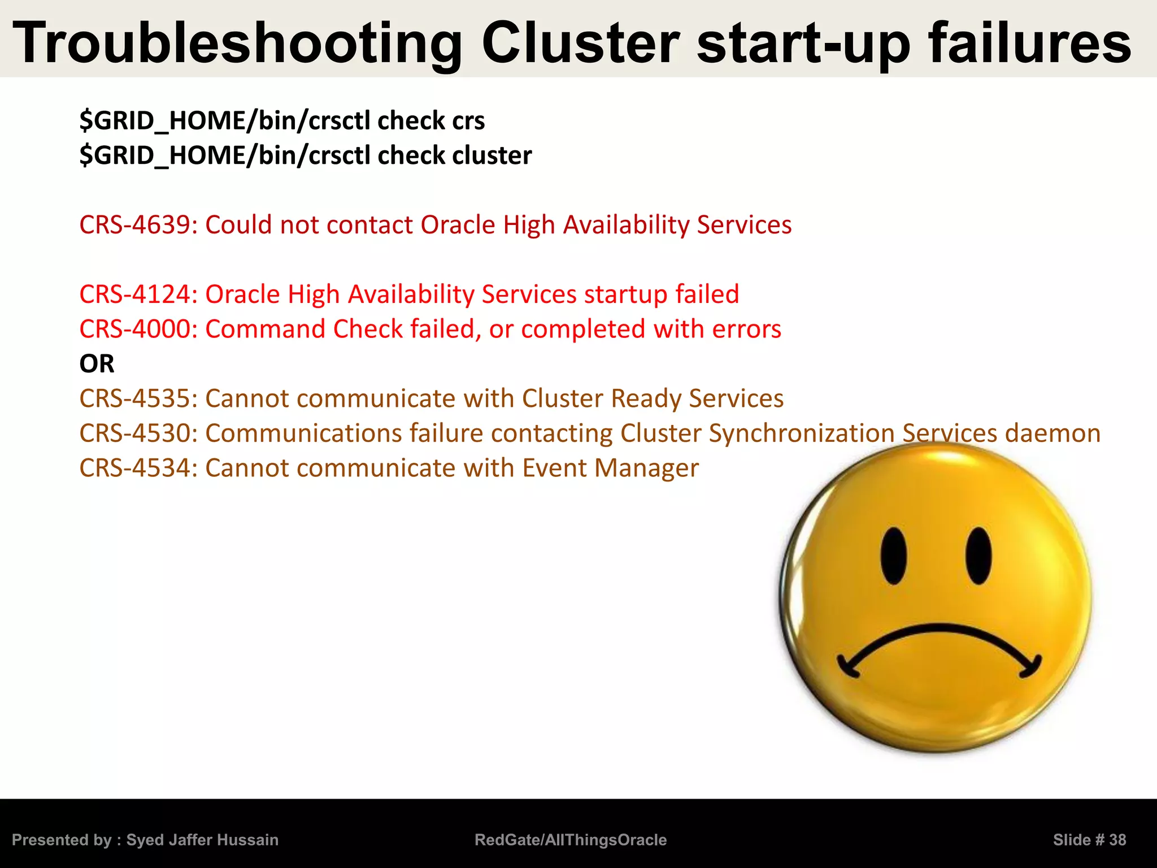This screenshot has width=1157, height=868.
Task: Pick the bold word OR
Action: click(97, 364)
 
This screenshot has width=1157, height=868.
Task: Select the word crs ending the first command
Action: click(468, 121)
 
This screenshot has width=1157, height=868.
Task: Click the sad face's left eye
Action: click(894, 556)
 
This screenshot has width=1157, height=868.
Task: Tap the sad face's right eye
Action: click(979, 556)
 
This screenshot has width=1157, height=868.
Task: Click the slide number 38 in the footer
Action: click(1117, 840)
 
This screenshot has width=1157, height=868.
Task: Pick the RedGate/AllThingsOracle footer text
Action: click(571, 840)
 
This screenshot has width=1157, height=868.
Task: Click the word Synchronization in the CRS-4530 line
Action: click(802, 433)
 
